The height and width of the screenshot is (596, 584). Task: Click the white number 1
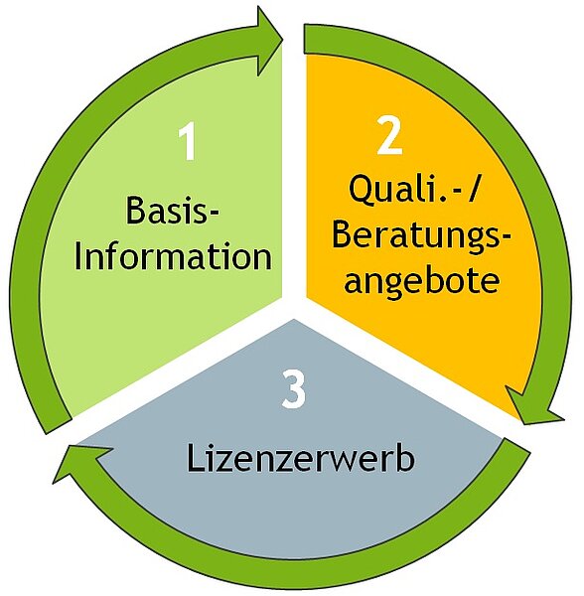(x=188, y=141)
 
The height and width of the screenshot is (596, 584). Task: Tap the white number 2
(x=390, y=135)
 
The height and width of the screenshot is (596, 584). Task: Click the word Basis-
(x=173, y=210)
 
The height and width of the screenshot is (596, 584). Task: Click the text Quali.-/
(x=413, y=189)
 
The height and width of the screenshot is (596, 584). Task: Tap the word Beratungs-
(x=421, y=234)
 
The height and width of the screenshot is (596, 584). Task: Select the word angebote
(x=421, y=282)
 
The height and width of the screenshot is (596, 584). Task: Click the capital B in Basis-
(x=136, y=210)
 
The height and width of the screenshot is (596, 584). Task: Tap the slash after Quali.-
(x=473, y=190)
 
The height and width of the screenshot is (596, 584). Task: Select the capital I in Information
(x=78, y=255)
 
